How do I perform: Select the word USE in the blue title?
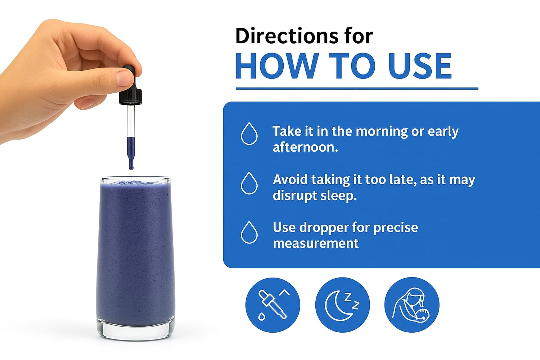click(420, 66)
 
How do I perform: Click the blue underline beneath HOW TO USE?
click(357, 89)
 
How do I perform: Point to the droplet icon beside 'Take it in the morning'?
click(249, 134)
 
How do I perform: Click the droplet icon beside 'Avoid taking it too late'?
click(249, 183)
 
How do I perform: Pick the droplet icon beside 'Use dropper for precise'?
click(249, 233)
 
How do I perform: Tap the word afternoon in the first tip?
click(305, 147)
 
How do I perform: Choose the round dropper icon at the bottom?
click(273, 305)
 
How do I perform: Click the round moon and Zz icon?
click(342, 305)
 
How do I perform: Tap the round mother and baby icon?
click(412, 305)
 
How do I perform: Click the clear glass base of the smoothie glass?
click(135, 331)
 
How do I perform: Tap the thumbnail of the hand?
click(125, 77)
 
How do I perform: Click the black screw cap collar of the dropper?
click(130, 96)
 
